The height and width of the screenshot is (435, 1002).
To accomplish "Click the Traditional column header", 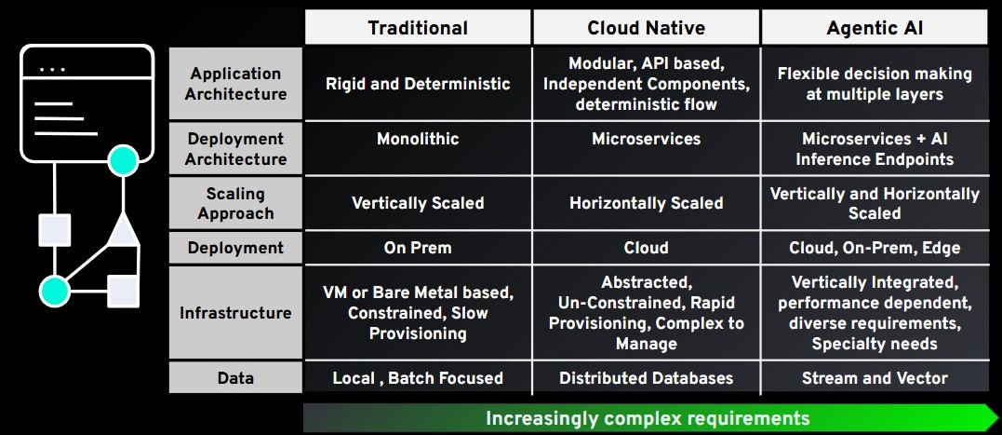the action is pos(418,28).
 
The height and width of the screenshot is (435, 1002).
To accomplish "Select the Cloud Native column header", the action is pos(646,28).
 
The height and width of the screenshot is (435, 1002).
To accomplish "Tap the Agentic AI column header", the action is pos(875,28).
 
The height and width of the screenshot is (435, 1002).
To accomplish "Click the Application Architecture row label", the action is pos(235,84).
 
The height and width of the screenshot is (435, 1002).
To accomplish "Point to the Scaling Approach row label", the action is pos(235,203).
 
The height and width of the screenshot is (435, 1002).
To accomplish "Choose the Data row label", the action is pos(235,377).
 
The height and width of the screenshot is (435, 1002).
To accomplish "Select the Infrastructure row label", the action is pos(235,313).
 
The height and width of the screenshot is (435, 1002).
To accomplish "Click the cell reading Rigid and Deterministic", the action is pos(418,84).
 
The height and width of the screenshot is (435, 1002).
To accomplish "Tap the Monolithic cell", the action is pos(418,148).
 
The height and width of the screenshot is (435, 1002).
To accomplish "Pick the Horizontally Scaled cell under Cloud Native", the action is pos(646,203).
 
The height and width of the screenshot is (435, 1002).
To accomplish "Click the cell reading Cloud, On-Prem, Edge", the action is pos(875,248).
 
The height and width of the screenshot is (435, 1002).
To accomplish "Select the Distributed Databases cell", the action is pos(646,377).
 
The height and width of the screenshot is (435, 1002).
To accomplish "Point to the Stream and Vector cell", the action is pos(875,377).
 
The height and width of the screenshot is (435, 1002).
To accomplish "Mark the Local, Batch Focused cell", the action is pos(418,377).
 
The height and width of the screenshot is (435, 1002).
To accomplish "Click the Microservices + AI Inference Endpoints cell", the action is pos(875,148).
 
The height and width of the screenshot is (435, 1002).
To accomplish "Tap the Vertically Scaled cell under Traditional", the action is pos(418,203).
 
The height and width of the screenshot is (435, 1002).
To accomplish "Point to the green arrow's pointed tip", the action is pos(998,417).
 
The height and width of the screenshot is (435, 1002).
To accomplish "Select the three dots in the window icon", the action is pos(52,69).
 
